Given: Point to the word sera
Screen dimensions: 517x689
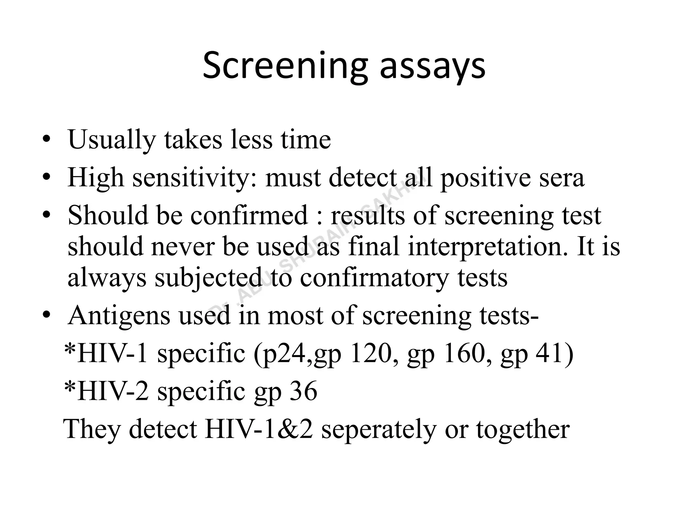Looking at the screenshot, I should [561, 178].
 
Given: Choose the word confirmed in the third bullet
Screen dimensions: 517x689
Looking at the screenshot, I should [249, 215].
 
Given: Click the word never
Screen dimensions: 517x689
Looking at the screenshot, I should [184, 246].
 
